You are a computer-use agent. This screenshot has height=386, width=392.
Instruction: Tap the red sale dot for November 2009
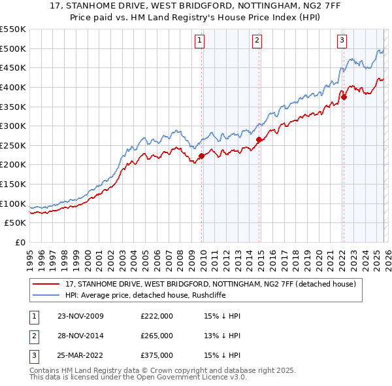(201, 156)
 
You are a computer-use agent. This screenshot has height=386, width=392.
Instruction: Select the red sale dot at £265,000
(259, 139)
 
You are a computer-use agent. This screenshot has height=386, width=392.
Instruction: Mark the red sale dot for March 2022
(344, 97)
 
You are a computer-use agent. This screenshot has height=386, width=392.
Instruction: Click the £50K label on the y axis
(16, 223)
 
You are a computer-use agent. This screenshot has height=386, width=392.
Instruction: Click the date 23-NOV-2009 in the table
(80, 316)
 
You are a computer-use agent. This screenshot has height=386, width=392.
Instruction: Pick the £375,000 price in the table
(157, 355)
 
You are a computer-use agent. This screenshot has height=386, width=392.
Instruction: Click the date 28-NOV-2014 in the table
(80, 336)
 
